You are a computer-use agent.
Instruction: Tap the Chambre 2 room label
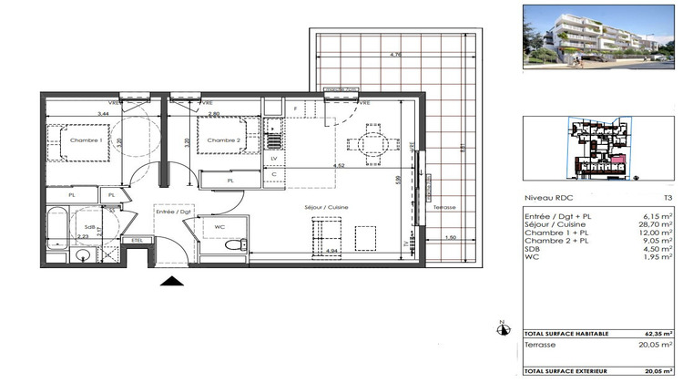(x=223, y=140)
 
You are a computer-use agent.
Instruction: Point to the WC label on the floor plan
(x=219, y=227)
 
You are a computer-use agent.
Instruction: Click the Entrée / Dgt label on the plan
(x=172, y=212)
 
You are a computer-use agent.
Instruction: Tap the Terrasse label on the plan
(x=443, y=207)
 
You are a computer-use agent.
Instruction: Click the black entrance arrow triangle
(x=172, y=283)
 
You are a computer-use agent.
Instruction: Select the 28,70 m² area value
(x=660, y=223)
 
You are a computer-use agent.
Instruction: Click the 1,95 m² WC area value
(x=662, y=256)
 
